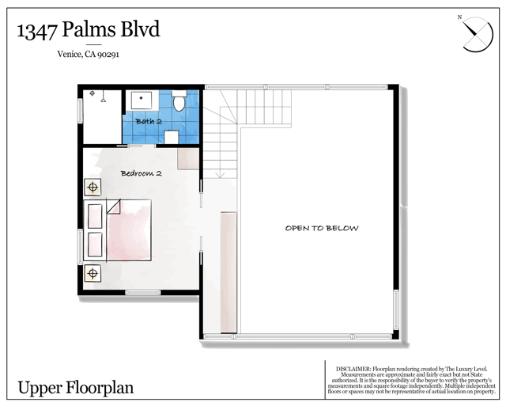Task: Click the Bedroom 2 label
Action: tap(141, 173)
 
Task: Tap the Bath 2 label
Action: tap(149, 121)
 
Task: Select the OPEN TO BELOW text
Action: tap(322, 228)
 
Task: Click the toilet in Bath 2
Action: tap(179, 102)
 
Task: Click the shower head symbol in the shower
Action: tap(93, 95)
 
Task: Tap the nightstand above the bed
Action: tap(93, 188)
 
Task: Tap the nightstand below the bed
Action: tap(93, 274)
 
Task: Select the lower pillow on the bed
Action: tap(94, 245)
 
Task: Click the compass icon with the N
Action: tap(477, 34)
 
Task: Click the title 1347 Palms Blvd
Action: tap(89, 30)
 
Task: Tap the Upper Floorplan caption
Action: tap(76, 388)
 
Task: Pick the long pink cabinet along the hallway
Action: tap(228, 272)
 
